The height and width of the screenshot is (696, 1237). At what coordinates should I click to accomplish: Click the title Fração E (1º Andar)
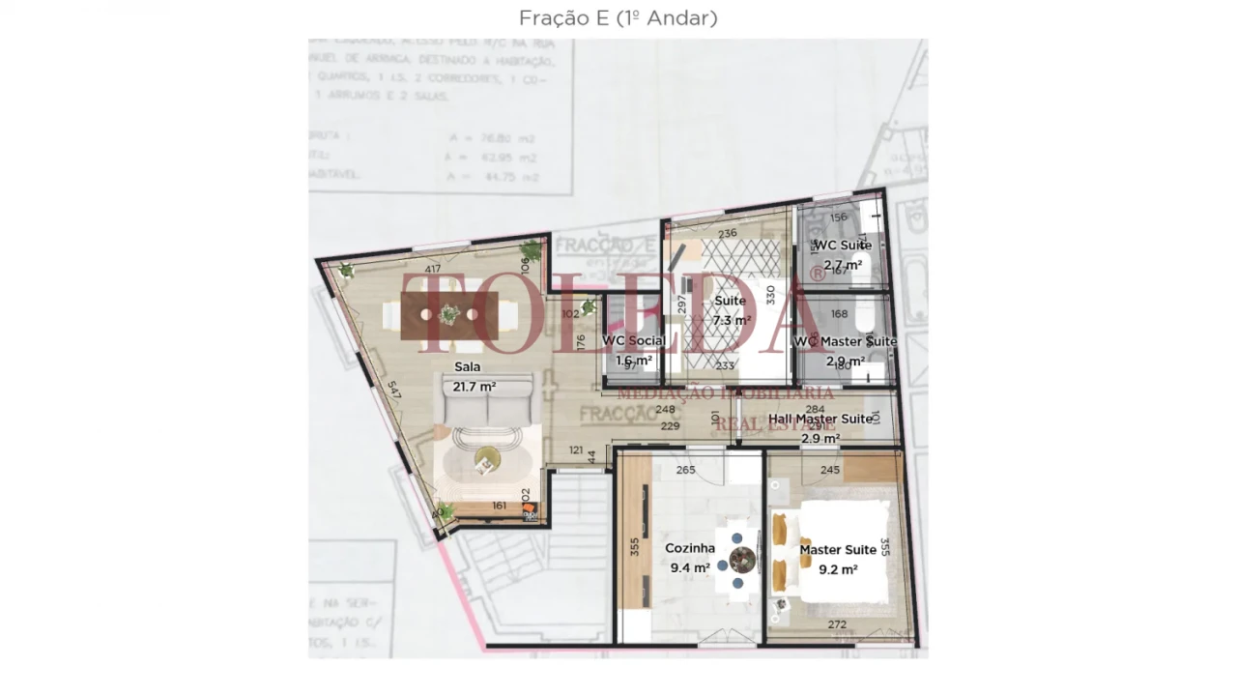pyautogui.click(x=618, y=18)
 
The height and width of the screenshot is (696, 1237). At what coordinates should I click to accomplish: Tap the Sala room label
pyautogui.click(x=468, y=367)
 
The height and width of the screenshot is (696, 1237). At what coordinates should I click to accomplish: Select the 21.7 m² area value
pyautogui.click(x=475, y=387)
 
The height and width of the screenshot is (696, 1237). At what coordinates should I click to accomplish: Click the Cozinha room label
pyautogui.click(x=690, y=548)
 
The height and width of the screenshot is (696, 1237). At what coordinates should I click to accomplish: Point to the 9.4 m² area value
pyautogui.click(x=690, y=568)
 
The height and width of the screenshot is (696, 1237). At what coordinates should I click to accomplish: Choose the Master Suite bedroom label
pyautogui.click(x=838, y=550)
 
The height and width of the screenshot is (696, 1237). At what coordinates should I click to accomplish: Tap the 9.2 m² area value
pyautogui.click(x=838, y=570)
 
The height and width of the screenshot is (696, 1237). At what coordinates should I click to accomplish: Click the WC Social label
pyautogui.click(x=633, y=341)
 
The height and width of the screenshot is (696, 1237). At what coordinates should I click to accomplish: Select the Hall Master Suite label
pyautogui.click(x=820, y=420)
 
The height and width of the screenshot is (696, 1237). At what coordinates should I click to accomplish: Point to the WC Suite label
pyautogui.click(x=843, y=246)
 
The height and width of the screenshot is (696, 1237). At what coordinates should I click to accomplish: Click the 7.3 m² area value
pyautogui.click(x=732, y=321)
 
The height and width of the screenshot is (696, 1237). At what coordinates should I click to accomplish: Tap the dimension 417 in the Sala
pyautogui.click(x=433, y=270)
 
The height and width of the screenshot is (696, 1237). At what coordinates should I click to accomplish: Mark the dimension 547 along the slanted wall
pyautogui.click(x=394, y=391)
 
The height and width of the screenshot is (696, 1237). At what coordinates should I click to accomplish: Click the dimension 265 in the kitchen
pyautogui.click(x=685, y=471)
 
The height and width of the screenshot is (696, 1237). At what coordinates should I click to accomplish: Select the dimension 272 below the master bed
pyautogui.click(x=837, y=624)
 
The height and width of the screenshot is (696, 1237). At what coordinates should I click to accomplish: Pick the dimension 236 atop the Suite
pyautogui.click(x=728, y=233)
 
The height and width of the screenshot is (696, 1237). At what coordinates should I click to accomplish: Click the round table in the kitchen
pyautogui.click(x=742, y=559)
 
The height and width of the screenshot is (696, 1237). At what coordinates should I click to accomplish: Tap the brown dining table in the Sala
pyautogui.click(x=449, y=316)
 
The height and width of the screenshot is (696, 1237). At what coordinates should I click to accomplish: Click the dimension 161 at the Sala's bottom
pyautogui.click(x=500, y=506)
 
